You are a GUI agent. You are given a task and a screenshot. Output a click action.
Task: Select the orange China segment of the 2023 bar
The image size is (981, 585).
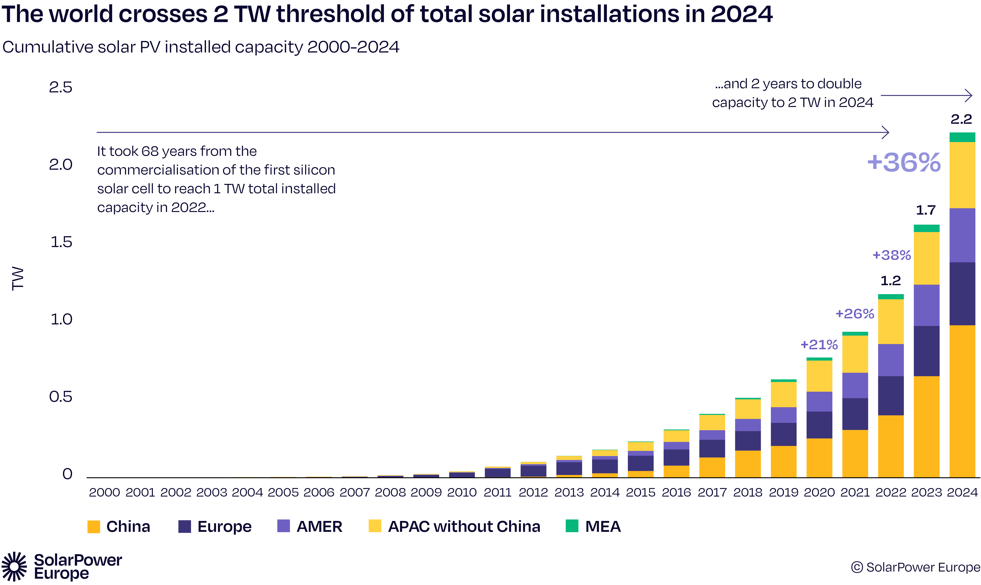[x=926, y=427]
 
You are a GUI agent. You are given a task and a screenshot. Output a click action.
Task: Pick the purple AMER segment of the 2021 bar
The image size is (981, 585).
[x=855, y=385]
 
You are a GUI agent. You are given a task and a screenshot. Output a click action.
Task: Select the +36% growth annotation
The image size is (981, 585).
[x=904, y=162]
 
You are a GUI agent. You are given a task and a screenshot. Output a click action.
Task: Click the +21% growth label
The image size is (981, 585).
[x=819, y=345]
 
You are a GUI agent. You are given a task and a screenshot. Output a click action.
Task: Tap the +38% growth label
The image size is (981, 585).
[x=892, y=255]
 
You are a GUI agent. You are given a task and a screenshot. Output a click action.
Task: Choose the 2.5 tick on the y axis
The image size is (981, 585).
[x=61, y=87]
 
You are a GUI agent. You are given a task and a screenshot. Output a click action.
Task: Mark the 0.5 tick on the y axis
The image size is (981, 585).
[x=61, y=397]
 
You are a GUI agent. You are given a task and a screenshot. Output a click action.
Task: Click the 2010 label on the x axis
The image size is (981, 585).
[x=462, y=492]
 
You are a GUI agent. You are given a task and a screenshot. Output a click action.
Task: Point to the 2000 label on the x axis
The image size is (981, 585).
[x=104, y=492]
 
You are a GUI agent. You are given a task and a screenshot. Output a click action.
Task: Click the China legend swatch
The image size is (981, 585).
[x=94, y=527]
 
